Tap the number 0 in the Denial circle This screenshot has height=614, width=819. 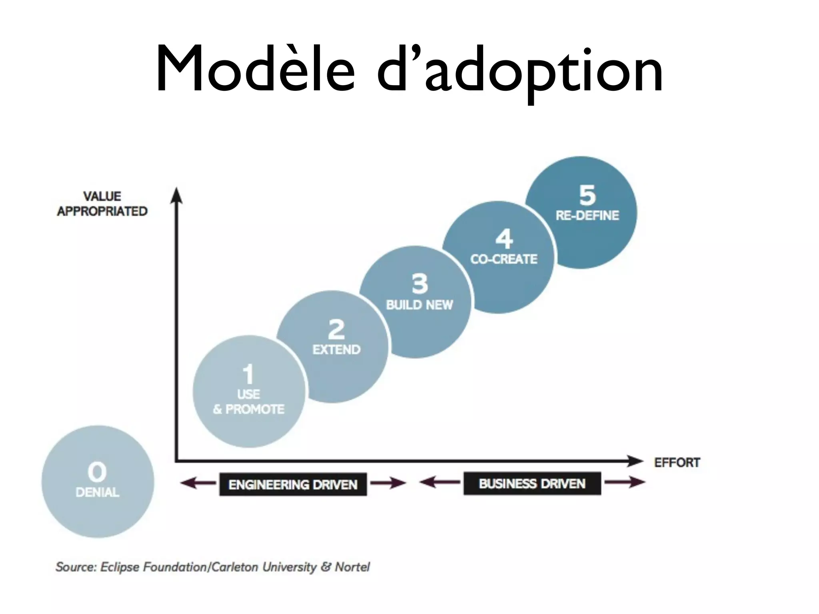coord(97,472)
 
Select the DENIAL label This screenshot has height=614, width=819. coord(97,492)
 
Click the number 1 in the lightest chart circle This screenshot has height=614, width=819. coord(248,374)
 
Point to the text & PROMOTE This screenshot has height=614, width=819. coord(248,409)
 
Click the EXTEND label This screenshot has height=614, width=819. coord(336,350)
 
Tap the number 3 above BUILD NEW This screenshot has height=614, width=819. coord(419,283)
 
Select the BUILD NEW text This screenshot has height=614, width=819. coord(419,305)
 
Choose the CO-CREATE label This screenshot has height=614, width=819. coord(503,259)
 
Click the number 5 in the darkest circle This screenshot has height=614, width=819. coord(587,195)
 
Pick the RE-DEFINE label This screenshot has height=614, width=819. coord(587,216)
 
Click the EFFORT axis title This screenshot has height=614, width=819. coord(677,462)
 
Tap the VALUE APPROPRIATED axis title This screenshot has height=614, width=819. coord(102,204)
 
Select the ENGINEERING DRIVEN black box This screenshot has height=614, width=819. coord(293,484)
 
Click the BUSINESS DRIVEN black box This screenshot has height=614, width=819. coord(532,484)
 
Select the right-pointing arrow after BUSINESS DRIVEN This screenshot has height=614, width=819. coord(625,482)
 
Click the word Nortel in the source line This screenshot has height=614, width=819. coord(352,567)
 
